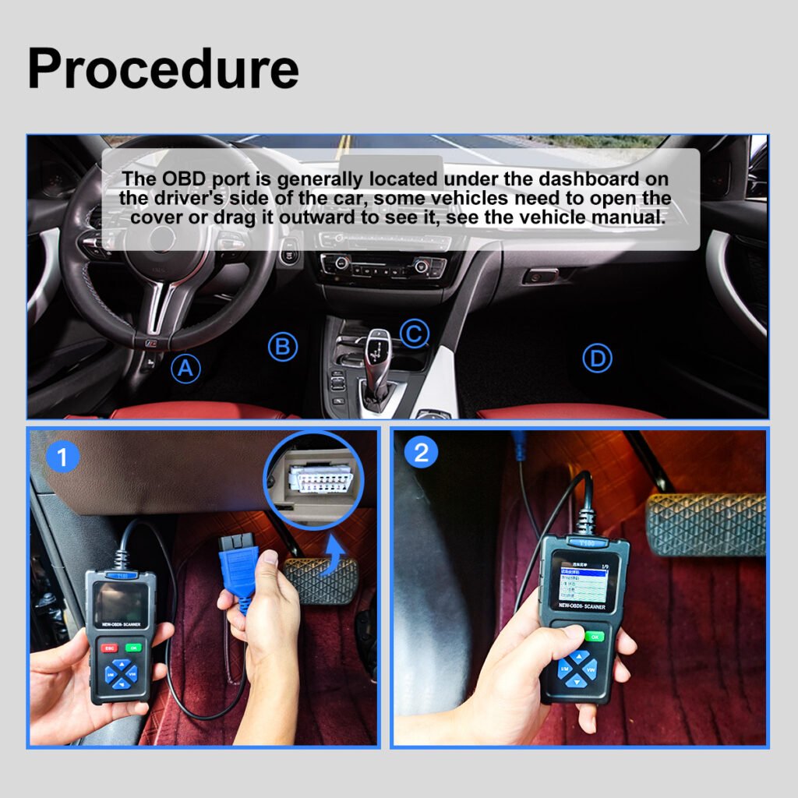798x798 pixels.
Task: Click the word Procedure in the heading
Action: (x=163, y=68)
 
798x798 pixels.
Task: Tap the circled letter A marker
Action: (x=185, y=368)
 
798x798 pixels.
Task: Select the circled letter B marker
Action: (x=283, y=347)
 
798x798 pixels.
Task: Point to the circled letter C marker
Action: (x=415, y=334)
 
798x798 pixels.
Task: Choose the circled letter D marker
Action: (x=598, y=358)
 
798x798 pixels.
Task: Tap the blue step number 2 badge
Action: (x=421, y=453)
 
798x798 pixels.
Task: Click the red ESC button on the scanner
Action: (x=109, y=648)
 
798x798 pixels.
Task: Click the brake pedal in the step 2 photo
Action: (x=706, y=524)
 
